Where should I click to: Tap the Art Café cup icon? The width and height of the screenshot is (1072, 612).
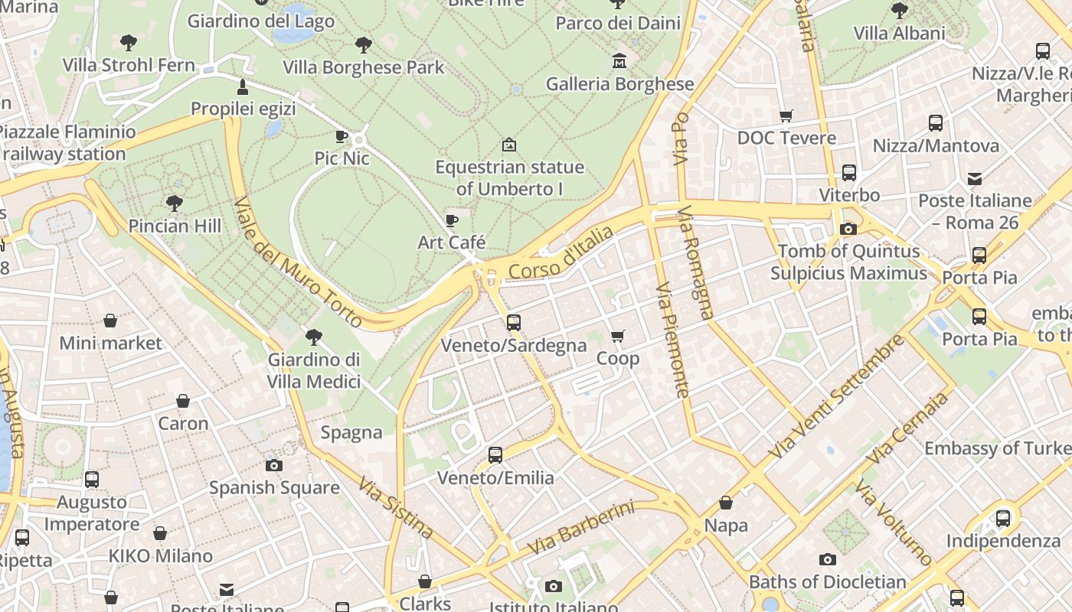[x=452, y=221]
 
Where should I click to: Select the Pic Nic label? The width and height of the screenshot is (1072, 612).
[x=342, y=158]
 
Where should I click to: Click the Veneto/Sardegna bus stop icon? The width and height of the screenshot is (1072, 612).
[x=513, y=323]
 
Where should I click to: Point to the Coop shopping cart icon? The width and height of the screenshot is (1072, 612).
[x=618, y=337]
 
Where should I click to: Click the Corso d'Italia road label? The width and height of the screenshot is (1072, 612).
[x=561, y=252]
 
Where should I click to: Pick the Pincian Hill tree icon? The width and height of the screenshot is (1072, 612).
[x=175, y=203]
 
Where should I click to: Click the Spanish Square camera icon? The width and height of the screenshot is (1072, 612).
[x=274, y=465]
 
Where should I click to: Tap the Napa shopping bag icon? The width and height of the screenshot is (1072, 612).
[x=725, y=503]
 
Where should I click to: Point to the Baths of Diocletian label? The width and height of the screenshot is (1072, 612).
[x=827, y=582]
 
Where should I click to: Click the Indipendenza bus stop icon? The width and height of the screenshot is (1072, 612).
[x=1003, y=519]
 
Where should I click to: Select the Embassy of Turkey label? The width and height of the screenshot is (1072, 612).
[x=997, y=448]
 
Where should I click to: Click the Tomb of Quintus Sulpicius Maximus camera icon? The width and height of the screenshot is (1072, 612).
[x=848, y=229]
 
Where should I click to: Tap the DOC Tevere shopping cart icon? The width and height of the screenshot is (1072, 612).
[x=786, y=116]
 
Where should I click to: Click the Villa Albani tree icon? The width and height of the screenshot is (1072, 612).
[x=899, y=11]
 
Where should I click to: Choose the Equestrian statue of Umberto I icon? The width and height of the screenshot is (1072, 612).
[x=508, y=145]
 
